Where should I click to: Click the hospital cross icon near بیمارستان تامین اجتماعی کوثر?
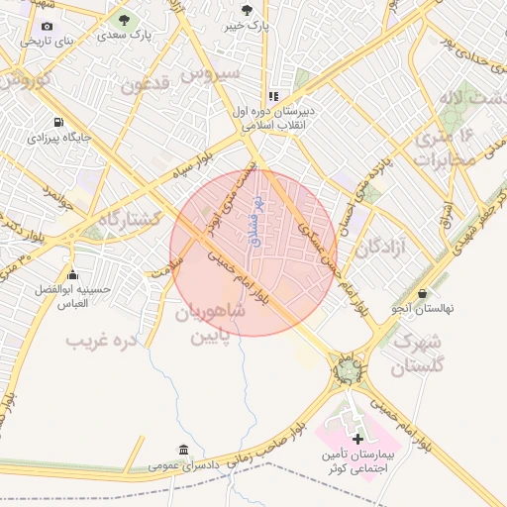pos(357,438)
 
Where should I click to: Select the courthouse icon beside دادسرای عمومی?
pos(182,450)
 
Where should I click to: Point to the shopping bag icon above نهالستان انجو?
pos(424,294)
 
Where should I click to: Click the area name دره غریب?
pos(100,341)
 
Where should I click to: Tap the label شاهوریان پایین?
pos(209,325)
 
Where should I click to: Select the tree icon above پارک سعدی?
pos(124,19)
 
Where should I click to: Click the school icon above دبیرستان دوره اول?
pos(272,97)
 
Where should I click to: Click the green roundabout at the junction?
pos(348,372)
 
